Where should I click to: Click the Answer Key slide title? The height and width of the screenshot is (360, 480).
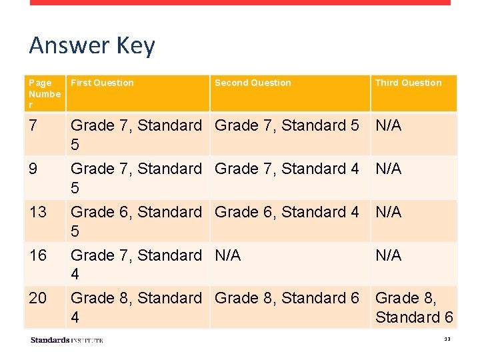(92, 45)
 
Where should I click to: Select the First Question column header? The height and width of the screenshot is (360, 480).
(102, 83)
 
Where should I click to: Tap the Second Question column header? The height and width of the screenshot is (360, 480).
(253, 83)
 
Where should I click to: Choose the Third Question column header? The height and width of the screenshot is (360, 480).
(408, 83)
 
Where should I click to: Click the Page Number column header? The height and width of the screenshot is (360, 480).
(45, 93)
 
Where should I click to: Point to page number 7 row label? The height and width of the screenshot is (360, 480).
(34, 125)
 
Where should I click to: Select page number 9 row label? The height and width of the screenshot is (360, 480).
(34, 169)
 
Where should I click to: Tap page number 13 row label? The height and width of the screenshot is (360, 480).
(38, 212)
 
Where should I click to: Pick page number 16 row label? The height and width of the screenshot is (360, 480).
(38, 255)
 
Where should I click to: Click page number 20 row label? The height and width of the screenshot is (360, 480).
(38, 298)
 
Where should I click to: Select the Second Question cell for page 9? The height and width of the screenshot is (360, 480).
(287, 169)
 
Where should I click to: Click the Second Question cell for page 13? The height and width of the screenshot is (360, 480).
(287, 212)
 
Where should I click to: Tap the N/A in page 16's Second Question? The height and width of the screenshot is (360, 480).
(228, 255)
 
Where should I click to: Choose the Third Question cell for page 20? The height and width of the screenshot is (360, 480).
(414, 307)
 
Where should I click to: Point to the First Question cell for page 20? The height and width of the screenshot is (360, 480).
(136, 307)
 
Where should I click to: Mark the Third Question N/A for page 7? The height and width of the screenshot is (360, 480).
(389, 125)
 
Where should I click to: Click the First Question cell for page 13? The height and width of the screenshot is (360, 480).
(136, 221)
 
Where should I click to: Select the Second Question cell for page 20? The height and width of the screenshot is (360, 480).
(287, 298)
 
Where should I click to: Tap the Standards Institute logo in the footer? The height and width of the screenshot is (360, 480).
(67, 340)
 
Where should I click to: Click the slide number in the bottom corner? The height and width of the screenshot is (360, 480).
(447, 340)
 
